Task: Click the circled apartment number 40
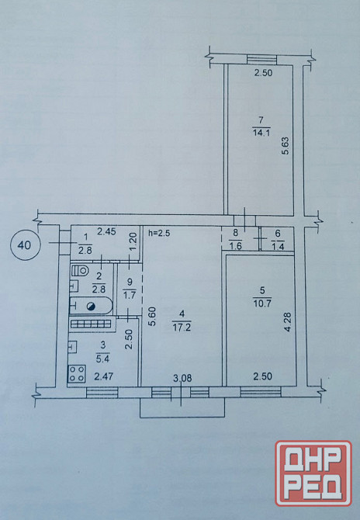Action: click(25, 244)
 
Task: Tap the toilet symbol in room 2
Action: click(81, 270)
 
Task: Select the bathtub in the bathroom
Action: click(91, 306)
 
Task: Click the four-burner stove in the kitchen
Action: click(77, 373)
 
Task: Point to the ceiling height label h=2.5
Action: click(159, 233)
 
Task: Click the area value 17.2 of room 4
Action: click(182, 328)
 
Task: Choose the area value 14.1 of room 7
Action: click(261, 133)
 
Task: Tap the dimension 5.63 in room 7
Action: click(286, 146)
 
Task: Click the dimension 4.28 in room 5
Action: click(288, 321)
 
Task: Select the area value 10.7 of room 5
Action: click(262, 303)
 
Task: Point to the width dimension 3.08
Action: click(182, 378)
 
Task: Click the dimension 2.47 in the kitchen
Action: click(104, 376)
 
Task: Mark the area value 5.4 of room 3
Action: click(102, 358)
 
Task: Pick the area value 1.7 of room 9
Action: click(130, 294)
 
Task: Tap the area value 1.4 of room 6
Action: click(278, 246)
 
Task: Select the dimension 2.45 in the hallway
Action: click(106, 232)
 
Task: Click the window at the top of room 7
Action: click(261, 60)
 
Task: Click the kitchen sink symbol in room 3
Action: click(73, 347)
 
